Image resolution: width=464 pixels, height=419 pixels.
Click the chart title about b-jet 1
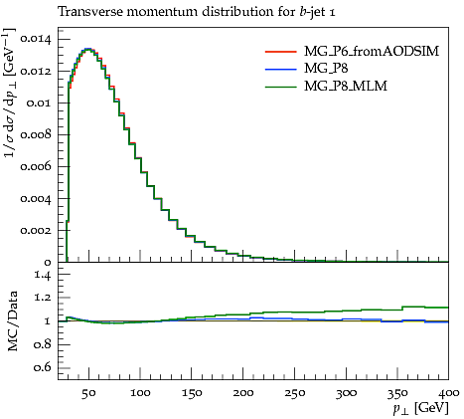pyautogui.click(x=197, y=13)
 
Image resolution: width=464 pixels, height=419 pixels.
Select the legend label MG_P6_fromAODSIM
pyautogui.click(x=372, y=51)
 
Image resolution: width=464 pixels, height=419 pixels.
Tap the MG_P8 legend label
pyautogui.click(x=326, y=69)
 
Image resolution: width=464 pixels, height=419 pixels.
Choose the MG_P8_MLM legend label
pyautogui.click(x=346, y=87)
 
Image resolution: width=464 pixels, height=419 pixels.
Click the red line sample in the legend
pyautogui.click(x=280, y=52)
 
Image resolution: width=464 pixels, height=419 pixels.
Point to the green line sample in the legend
pyautogui.click(x=280, y=87)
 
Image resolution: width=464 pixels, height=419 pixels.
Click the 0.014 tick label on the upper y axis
pyautogui.click(x=36, y=40)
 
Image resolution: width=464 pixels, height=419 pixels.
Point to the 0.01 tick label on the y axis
pyautogui.click(x=39, y=104)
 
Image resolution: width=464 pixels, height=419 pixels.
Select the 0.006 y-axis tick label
pyautogui.click(x=36, y=166)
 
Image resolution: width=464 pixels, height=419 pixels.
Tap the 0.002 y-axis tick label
pyautogui.click(x=36, y=230)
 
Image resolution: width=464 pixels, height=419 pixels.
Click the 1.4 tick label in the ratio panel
pyautogui.click(x=43, y=275)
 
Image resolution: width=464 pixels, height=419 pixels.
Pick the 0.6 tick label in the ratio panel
pyautogui.click(x=43, y=368)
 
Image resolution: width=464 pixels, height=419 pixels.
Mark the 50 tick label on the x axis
pyautogui.click(x=88, y=393)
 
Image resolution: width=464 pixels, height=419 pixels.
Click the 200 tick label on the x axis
pyautogui.click(x=243, y=393)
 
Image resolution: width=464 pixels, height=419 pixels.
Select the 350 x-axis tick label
pyautogui.click(x=397, y=393)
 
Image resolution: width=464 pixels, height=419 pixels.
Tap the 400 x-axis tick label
pyautogui.click(x=449, y=393)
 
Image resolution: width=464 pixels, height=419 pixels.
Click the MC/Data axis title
pyautogui.click(x=12, y=321)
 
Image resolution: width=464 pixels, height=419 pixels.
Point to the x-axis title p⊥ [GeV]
pyautogui.click(x=420, y=408)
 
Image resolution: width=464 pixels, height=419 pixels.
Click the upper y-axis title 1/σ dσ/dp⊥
pyautogui.click(x=10, y=93)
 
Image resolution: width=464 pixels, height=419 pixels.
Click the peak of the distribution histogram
pyautogui.click(x=87, y=49)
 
